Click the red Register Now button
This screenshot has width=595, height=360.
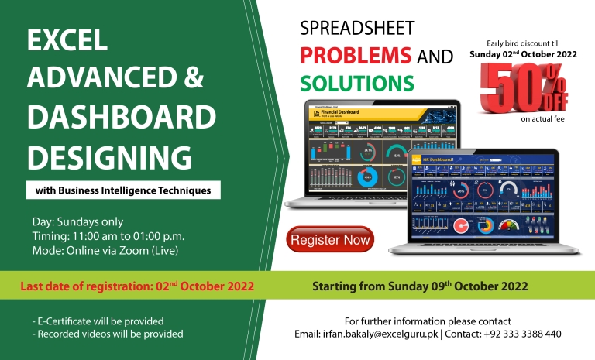[x=330, y=240]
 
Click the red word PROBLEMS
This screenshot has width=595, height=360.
[x=356, y=56]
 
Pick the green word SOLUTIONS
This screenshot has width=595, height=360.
[x=357, y=81]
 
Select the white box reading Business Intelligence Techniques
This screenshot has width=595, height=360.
[x=122, y=190]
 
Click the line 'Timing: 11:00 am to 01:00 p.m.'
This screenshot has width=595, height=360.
[x=108, y=235]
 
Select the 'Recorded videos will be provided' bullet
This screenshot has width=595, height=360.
[x=108, y=334]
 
